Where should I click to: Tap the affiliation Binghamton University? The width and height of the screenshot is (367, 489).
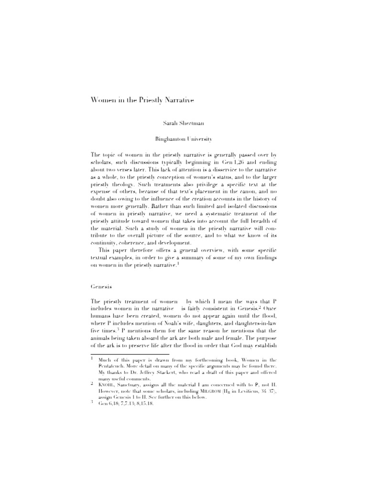(x=183, y=139)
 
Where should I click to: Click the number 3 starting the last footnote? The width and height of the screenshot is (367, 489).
(x=91, y=402)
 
